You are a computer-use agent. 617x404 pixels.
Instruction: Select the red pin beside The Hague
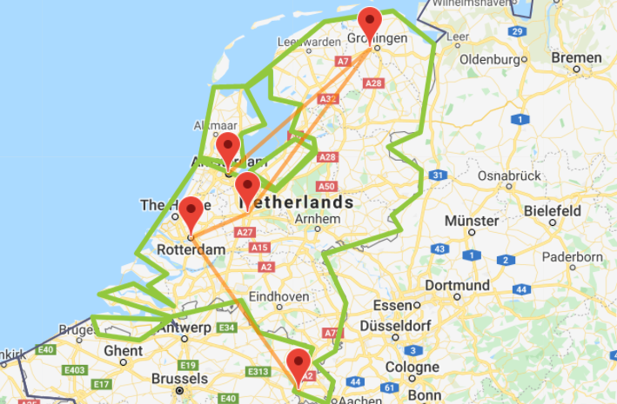tap(190, 212)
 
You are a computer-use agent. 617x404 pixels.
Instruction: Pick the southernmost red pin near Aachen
tap(299, 364)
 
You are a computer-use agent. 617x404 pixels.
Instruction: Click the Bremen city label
tap(575, 58)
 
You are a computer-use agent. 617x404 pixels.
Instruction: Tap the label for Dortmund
tap(457, 285)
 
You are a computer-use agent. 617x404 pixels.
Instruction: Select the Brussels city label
tap(179, 379)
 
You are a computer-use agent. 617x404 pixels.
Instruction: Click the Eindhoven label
tap(278, 296)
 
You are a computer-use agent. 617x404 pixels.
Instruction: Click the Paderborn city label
tap(572, 257)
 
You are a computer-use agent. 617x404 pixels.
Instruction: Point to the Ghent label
tap(123, 350)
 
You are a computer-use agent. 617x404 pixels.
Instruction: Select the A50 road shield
tap(326, 186)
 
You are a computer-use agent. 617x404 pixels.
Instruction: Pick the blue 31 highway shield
tap(439, 176)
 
